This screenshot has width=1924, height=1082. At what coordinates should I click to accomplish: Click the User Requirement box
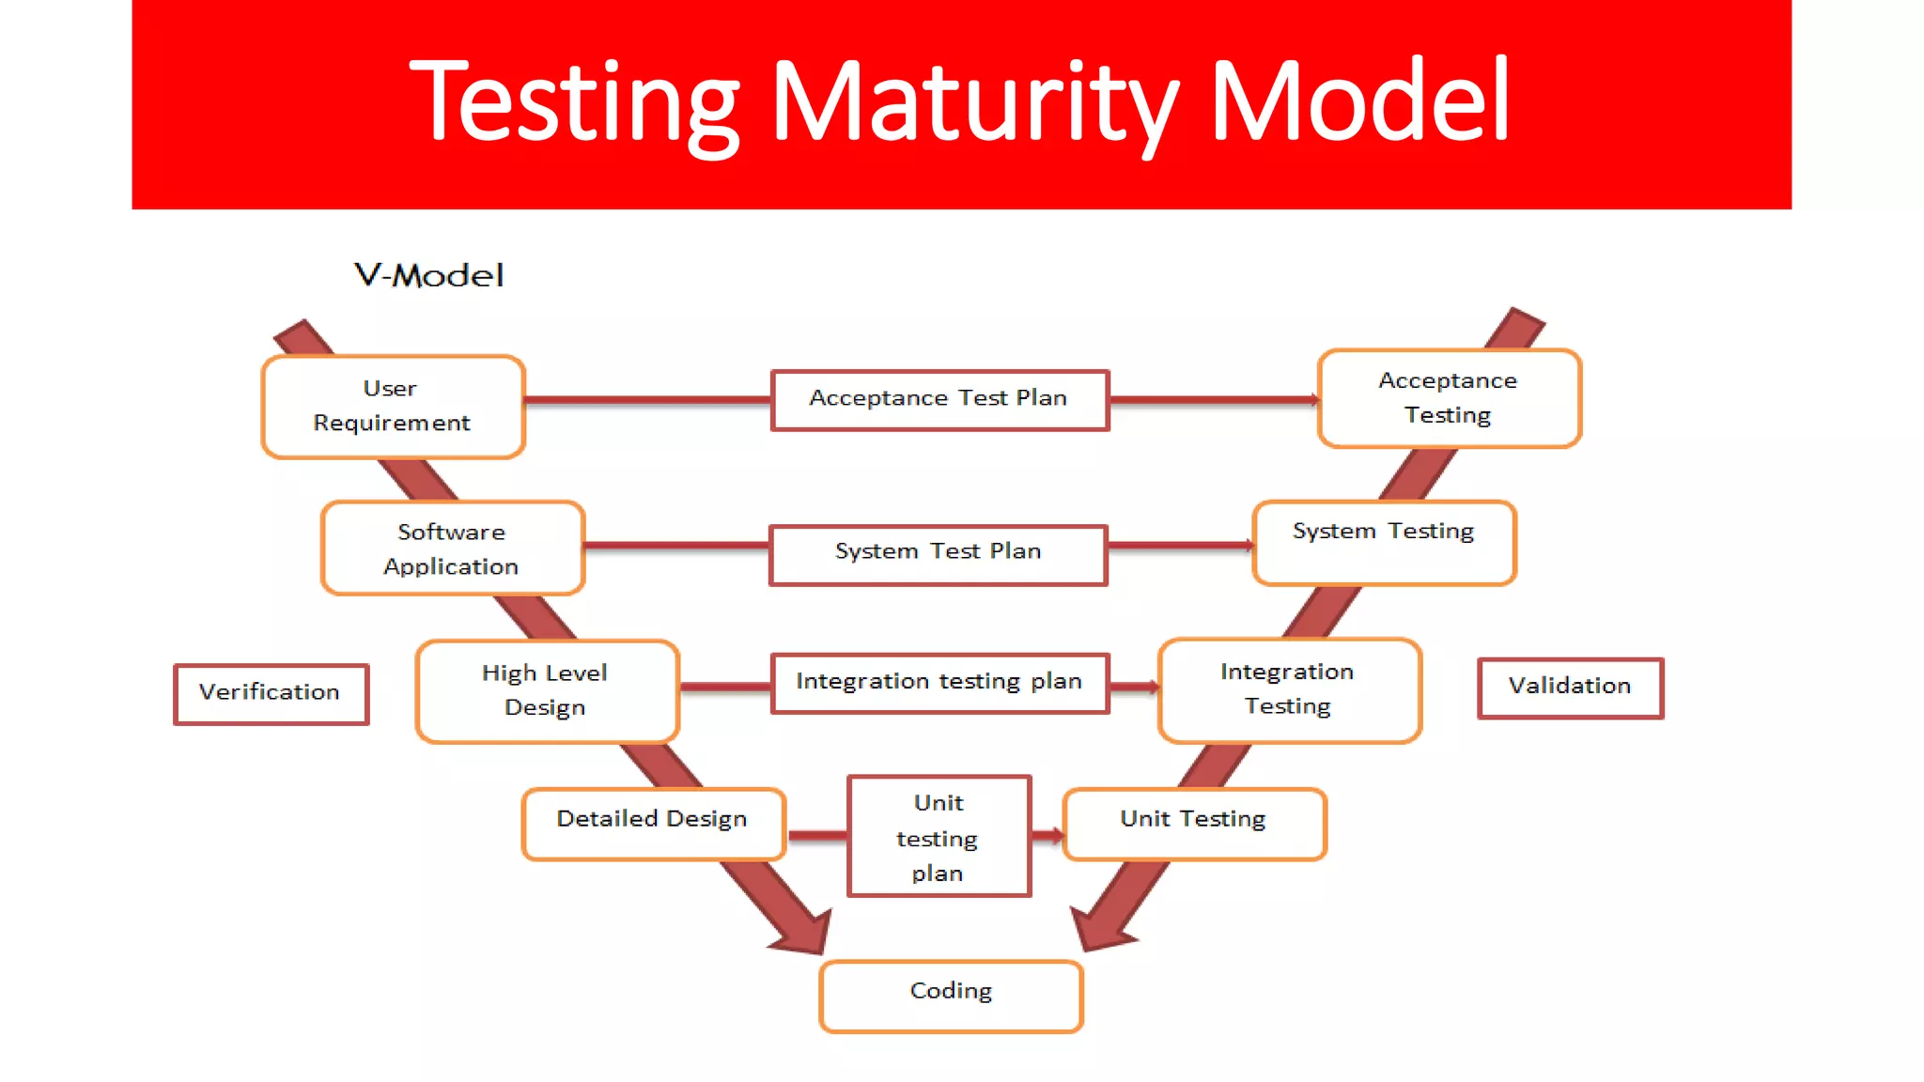[x=393, y=407]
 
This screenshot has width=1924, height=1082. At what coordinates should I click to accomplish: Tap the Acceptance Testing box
[x=1449, y=398]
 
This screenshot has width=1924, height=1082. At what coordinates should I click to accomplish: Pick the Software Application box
[x=452, y=549]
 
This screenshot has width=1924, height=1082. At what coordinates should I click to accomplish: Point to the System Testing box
[x=1384, y=543]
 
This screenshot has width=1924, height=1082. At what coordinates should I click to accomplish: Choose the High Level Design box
[x=547, y=691]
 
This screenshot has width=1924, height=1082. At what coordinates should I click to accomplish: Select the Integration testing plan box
[x=939, y=683]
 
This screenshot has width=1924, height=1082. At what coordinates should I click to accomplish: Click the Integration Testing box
[x=1289, y=690]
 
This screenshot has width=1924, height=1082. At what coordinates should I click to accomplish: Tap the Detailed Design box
[x=653, y=823]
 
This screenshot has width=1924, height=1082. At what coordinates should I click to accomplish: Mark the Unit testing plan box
[x=939, y=836]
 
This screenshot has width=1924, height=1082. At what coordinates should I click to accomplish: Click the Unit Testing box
[x=1194, y=823]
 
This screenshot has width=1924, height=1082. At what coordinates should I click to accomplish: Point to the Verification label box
[x=271, y=694]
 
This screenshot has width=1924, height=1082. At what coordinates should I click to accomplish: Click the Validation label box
[x=1570, y=688]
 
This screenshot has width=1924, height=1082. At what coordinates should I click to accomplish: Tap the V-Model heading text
[x=429, y=276]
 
